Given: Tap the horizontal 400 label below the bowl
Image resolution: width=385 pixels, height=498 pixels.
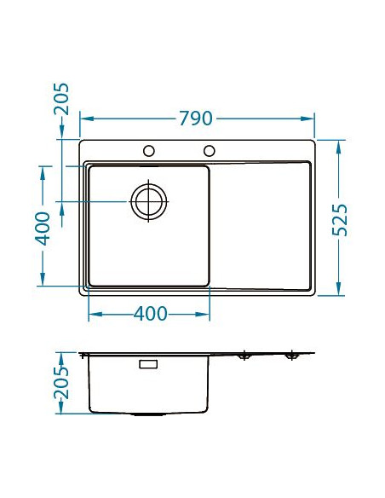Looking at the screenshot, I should (150, 314).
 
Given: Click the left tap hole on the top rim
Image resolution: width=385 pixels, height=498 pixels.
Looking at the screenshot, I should (149, 151).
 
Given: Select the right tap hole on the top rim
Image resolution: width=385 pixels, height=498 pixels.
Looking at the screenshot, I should (209, 151).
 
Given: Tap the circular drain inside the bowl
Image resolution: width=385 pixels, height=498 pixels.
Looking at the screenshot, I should (147, 201).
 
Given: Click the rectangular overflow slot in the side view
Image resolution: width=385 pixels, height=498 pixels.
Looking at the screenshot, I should (148, 364).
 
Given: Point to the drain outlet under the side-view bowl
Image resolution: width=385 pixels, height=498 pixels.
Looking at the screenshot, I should (148, 414).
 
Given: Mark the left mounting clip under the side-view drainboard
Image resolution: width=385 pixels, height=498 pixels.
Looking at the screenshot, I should (244, 356).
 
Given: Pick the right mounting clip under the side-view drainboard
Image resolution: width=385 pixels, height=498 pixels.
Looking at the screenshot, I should (291, 356).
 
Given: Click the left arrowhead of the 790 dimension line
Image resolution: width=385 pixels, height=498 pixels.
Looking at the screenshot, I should (83, 119).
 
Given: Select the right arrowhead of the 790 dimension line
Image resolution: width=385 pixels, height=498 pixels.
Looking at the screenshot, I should (311, 119).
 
